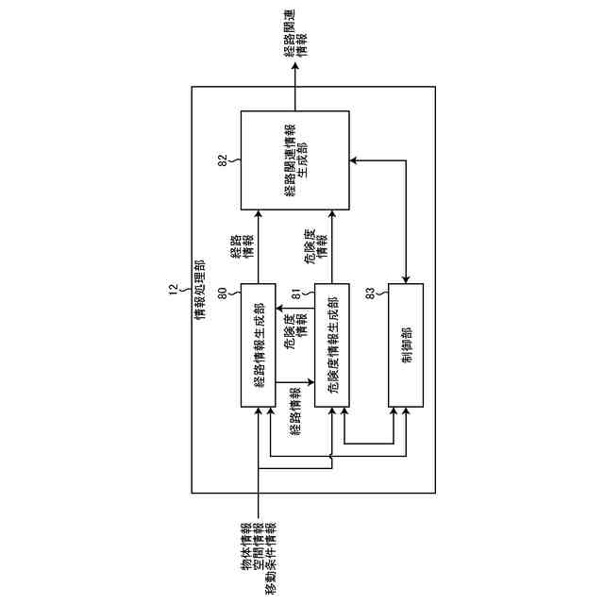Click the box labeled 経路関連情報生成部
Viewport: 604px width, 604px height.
[294, 160]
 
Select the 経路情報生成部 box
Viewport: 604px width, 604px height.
[259, 344]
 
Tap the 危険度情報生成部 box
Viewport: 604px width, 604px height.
[330, 344]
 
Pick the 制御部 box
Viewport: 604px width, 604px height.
[406, 344]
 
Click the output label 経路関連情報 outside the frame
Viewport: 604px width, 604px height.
[294, 45]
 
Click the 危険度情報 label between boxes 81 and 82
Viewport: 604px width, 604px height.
[315, 243]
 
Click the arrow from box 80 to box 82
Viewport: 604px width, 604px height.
[259, 247]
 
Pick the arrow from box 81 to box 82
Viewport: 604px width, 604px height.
[330, 247]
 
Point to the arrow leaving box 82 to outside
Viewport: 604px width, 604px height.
[294, 94]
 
